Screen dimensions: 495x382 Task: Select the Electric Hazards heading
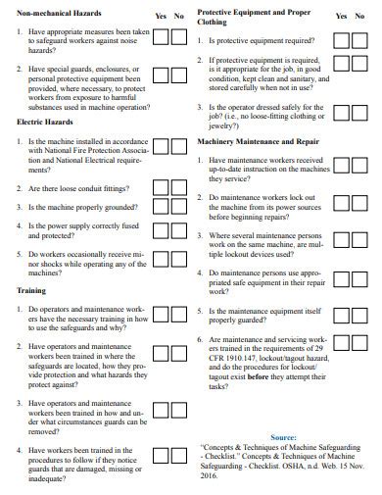click(46, 122)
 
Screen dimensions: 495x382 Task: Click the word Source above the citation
click(283, 436)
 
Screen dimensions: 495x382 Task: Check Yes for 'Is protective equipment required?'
click(340, 41)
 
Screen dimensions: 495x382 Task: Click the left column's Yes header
click(162, 17)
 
